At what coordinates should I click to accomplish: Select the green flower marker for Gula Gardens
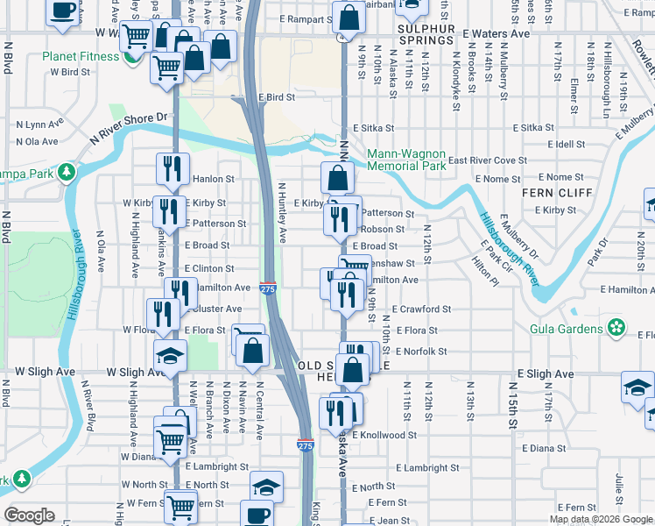point(617,329)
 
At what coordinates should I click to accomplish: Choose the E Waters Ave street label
point(497,33)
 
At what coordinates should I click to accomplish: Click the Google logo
point(30,515)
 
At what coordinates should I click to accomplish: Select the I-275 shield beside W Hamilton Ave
point(268,288)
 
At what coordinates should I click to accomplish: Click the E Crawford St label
point(421,309)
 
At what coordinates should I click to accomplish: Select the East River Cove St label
point(488,161)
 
